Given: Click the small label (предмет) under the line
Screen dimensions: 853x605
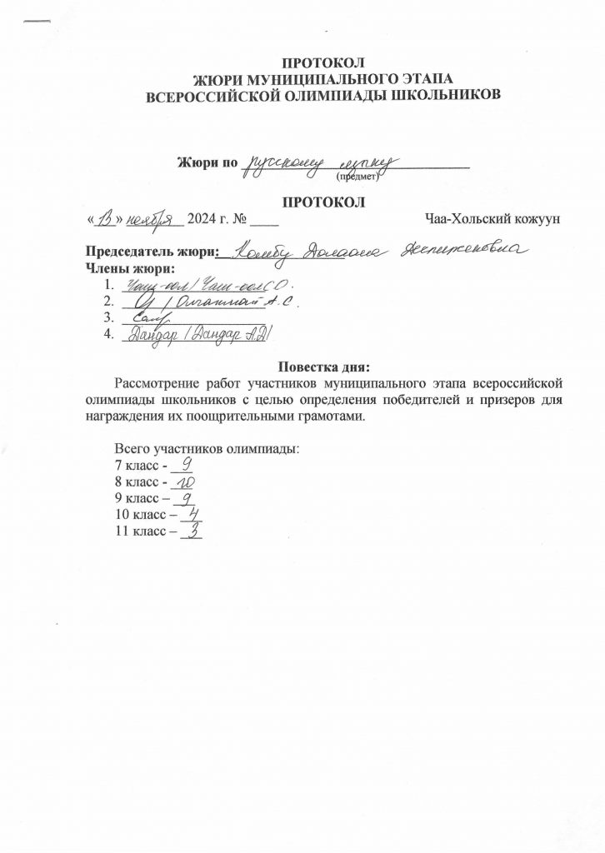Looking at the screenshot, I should pyautogui.click(x=357, y=177).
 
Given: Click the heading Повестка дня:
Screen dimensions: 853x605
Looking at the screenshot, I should pyautogui.click(x=322, y=367).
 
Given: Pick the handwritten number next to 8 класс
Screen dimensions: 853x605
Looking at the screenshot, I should pyautogui.click(x=185, y=482).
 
